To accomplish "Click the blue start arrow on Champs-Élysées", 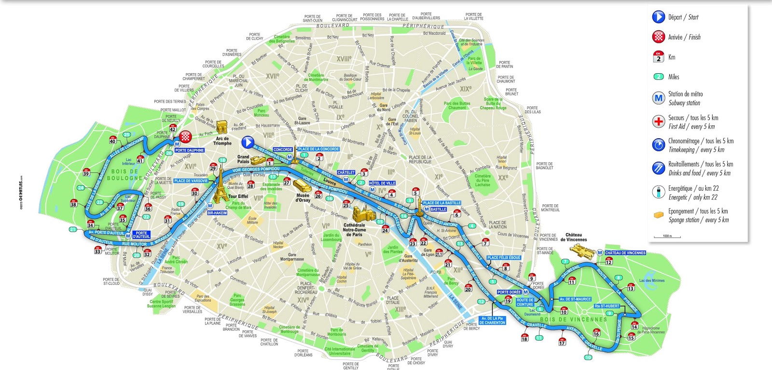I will click(248, 142).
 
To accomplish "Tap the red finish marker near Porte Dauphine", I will click(186, 137).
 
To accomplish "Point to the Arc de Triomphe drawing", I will click(222, 128).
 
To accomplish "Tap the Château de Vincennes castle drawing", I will click(582, 250).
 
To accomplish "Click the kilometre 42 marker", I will click(173, 128).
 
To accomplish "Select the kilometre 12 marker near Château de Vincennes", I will click(608, 261).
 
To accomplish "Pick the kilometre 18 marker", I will click(524, 337).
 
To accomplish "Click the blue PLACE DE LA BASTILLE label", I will click(441, 203).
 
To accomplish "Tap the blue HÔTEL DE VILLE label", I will click(382, 183).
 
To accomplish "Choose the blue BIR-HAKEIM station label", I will click(217, 212).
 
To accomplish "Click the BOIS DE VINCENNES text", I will click(573, 319).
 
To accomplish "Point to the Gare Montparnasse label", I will click(292, 257).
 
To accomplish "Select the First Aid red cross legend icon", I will click(659, 121).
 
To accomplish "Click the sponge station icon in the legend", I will click(659, 215).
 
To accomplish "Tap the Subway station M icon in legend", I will click(659, 98).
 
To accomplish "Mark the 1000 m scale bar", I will click(667, 237).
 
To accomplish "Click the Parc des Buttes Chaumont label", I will click(457, 106).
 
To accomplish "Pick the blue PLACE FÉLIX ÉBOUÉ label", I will click(504, 258).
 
